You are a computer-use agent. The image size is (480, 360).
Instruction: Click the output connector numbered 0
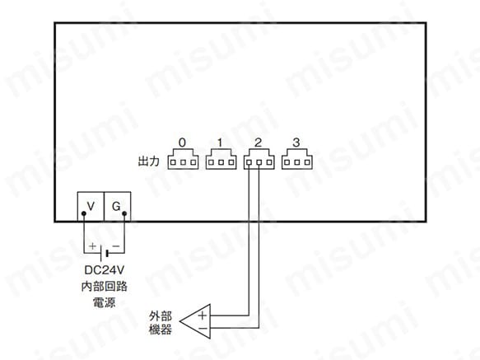[183, 159]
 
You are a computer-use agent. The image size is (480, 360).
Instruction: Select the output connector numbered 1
[221, 159]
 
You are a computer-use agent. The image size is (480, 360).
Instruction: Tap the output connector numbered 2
[259, 159]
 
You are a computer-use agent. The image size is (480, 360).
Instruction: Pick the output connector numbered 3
[297, 159]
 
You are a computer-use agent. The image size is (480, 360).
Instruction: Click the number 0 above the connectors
[182, 143]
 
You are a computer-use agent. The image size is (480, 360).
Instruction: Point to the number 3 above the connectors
[296, 143]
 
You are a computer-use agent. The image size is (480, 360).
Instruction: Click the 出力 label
[149, 161]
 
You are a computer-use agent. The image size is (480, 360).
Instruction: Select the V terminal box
[91, 206]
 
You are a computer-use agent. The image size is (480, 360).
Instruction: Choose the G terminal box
[118, 206]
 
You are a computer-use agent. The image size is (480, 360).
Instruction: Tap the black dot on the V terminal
[84, 213]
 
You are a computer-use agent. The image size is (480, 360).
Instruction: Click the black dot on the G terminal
[124, 213]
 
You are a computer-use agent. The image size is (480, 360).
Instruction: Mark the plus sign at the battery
[92, 246]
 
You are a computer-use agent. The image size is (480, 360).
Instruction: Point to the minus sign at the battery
[116, 246]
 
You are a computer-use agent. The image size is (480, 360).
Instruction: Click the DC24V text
[105, 270]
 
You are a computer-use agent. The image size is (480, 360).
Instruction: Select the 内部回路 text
[105, 286]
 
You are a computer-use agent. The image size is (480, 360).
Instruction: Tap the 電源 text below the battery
[105, 302]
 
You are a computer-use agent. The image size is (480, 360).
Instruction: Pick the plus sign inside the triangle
[203, 316]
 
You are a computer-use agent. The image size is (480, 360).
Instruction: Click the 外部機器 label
[161, 323]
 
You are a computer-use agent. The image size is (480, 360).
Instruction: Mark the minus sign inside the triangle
[203, 329]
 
